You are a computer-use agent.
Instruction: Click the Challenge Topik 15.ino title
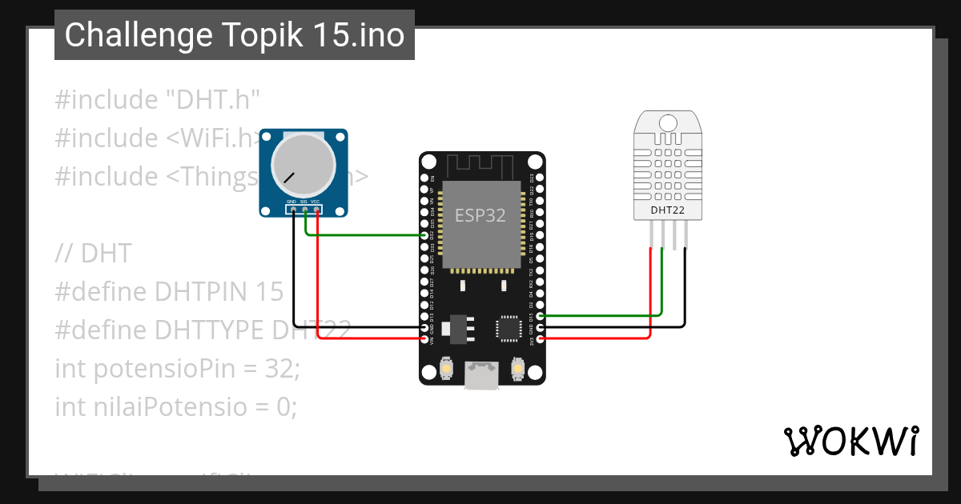[235, 35]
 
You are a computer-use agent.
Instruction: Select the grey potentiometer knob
[304, 167]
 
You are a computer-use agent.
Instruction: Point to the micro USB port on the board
[482, 375]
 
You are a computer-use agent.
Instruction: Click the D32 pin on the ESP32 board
[425, 235]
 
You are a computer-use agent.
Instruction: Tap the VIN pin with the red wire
[425, 339]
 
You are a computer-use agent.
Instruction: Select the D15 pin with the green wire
[541, 316]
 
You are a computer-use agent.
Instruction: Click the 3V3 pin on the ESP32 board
[541, 339]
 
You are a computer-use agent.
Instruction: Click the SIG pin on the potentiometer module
[305, 210]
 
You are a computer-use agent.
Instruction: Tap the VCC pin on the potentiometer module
[317, 210]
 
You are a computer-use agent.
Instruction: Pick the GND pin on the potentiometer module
[293, 210]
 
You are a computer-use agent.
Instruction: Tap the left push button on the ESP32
[446, 370]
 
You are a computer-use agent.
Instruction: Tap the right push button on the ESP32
[518, 370]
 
